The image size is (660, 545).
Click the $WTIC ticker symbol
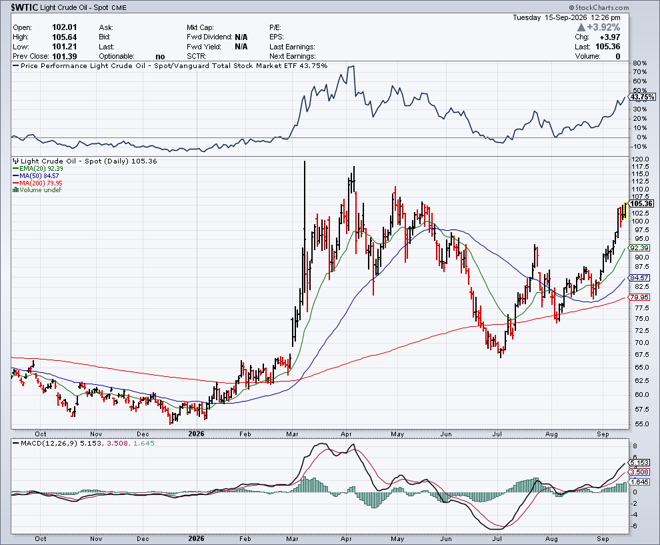(25, 7)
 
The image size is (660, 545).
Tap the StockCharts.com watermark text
(599, 7)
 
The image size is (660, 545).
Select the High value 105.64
(65, 37)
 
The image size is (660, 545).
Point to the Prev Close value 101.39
(65, 56)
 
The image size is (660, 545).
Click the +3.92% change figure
(603, 27)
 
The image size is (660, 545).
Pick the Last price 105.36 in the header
(608, 47)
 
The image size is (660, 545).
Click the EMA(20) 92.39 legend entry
(38, 169)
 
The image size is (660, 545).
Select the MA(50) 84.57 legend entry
(36, 175)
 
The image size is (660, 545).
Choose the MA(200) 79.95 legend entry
(37, 183)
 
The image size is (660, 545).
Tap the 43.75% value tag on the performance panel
(643, 97)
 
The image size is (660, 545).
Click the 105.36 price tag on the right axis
(642, 203)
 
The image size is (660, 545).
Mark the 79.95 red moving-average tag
(639, 297)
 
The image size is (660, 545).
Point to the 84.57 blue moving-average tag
(639, 278)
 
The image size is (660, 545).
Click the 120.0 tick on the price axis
(640, 159)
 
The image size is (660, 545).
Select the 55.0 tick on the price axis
(639, 424)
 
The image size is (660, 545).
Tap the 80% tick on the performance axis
(640, 63)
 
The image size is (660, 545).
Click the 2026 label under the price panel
(196, 434)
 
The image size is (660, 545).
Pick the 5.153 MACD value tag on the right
(640, 462)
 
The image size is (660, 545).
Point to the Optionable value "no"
(160, 57)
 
